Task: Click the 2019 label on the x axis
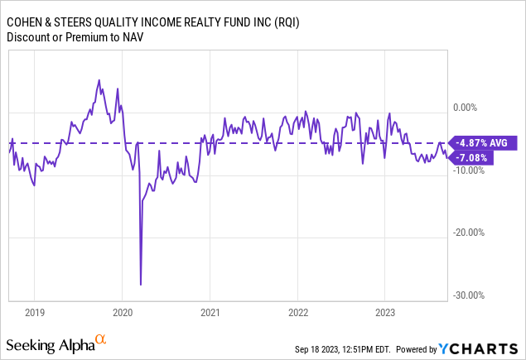pos(34,314)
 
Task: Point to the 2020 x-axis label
pos(122,314)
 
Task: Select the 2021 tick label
pos(210,314)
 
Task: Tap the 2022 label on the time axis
pos(297,314)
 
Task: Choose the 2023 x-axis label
pos(385,314)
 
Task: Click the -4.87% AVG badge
pos(483,142)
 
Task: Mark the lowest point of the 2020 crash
pos(141,285)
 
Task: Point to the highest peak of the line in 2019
pos(99,80)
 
